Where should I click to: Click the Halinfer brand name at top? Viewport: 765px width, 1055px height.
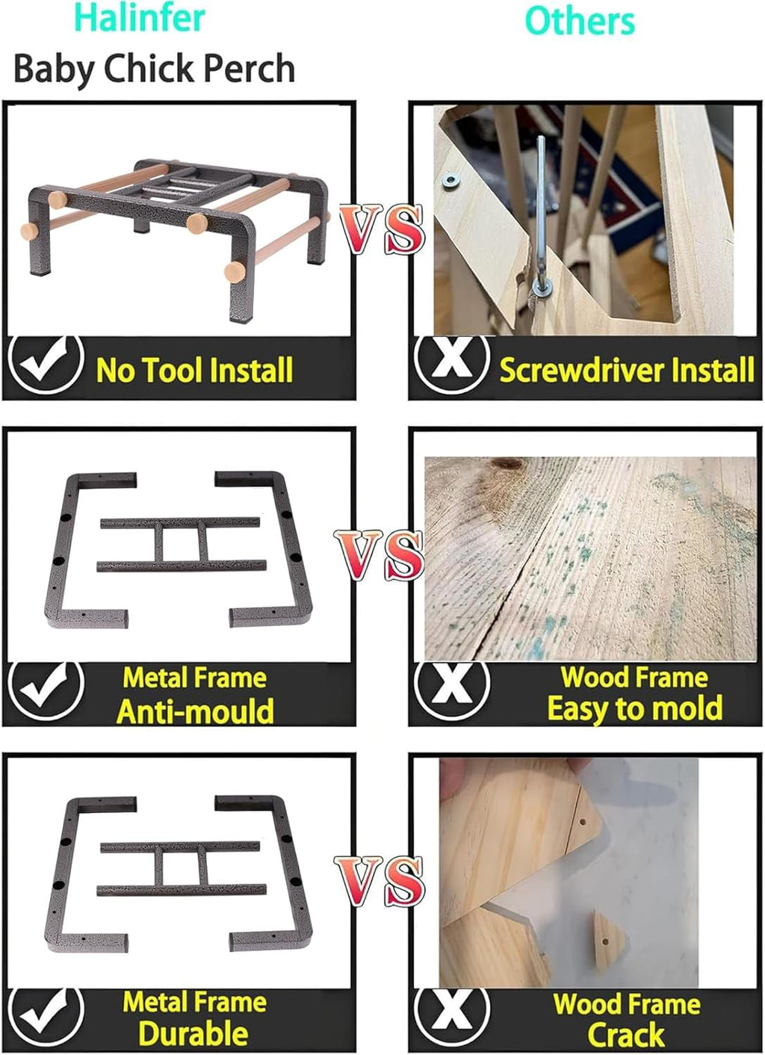coord(140,19)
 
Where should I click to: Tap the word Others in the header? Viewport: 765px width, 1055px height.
coord(580,21)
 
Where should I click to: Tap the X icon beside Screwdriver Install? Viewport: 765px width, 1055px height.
coord(451,366)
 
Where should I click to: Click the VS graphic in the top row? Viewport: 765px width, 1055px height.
coord(382,229)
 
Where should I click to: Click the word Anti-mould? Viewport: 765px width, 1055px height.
coord(196,710)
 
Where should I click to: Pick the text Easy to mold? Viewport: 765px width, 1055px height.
coord(635,708)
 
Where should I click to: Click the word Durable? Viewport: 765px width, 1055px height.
coord(193,1034)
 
